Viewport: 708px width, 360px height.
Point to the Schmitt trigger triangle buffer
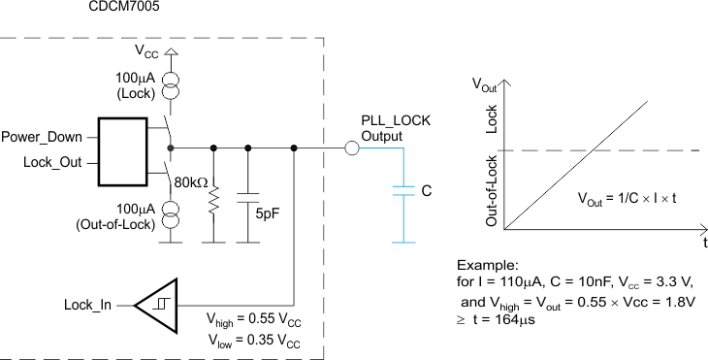click(x=156, y=305)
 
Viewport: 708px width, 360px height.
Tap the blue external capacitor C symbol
click(x=399, y=193)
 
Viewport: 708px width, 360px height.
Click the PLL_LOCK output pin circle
click(x=352, y=148)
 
